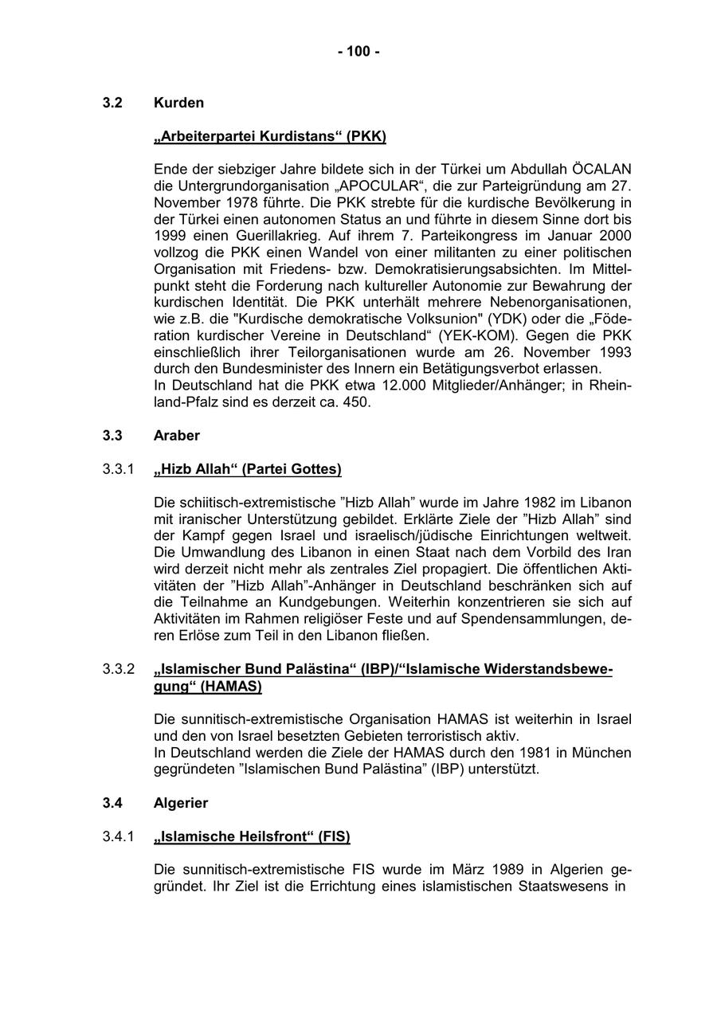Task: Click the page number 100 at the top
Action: click(358, 52)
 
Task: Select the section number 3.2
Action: click(112, 103)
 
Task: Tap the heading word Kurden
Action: click(178, 103)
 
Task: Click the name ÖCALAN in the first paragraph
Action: click(601, 169)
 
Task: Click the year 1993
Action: click(616, 352)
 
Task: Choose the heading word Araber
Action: click(176, 436)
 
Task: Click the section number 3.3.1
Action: click(119, 469)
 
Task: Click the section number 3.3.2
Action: click(119, 669)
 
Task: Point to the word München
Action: click(604, 753)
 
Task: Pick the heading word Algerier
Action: click(181, 803)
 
